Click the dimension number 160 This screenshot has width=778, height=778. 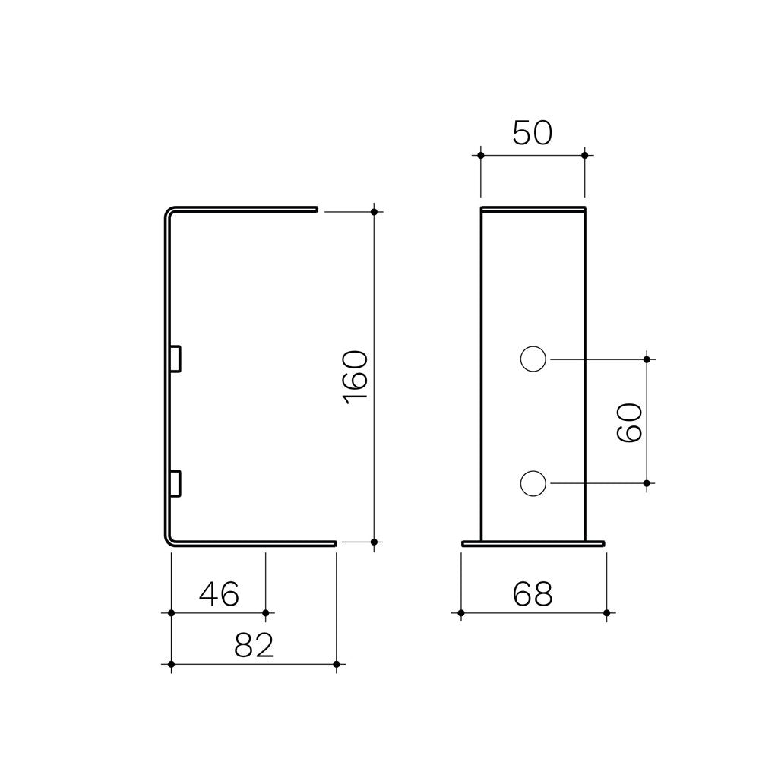[356, 377]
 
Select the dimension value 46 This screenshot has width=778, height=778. [220, 593]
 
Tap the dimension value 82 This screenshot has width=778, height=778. [254, 645]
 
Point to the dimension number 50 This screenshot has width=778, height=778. [532, 133]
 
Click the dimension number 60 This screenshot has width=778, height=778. [629, 422]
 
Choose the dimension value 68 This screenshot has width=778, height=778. [533, 594]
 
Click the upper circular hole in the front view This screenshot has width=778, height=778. [533, 359]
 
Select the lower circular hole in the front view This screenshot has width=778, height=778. [533, 483]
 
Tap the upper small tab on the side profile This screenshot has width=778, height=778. [176, 359]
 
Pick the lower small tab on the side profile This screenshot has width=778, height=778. [176, 483]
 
